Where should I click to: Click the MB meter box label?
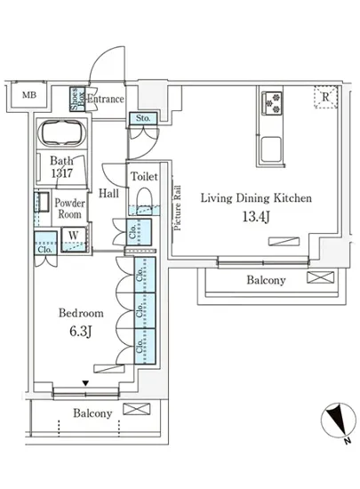tap(29, 95)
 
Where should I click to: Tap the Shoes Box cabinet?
tap(77, 100)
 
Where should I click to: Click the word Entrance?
tap(106, 100)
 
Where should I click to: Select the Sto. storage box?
tap(143, 118)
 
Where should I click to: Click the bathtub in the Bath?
tap(62, 133)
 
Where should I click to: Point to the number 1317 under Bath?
tap(62, 173)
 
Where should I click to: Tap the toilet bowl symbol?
tap(144, 199)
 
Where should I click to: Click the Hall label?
tap(108, 193)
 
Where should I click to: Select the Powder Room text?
tap(70, 209)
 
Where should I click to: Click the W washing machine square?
tap(74, 239)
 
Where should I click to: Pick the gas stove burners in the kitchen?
tap(272, 103)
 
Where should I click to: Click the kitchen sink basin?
tap(271, 149)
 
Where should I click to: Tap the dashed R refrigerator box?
tap(325, 97)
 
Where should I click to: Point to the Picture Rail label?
tap(177, 208)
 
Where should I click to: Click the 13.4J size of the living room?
tap(256, 216)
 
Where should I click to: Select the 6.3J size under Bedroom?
tap(80, 332)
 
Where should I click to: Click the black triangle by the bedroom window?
tap(85, 383)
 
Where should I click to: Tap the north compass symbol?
tap(339, 420)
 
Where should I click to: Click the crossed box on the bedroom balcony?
tap(137, 409)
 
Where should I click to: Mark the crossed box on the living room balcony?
tap(320, 277)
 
